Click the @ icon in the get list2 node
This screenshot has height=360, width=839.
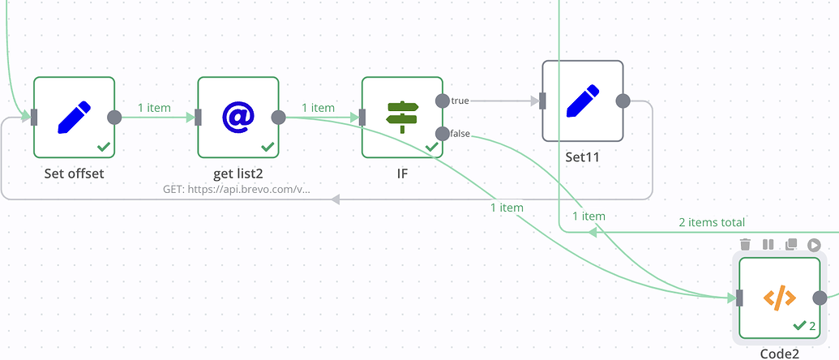pyautogui.click(x=238, y=117)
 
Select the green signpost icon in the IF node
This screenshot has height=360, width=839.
pyautogui.click(x=402, y=117)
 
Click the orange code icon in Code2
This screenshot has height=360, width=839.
pyautogui.click(x=779, y=298)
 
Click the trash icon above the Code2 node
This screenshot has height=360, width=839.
pyautogui.click(x=746, y=244)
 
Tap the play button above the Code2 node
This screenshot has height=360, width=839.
pyautogui.click(x=814, y=244)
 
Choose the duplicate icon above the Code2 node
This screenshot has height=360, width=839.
pyautogui.click(x=791, y=244)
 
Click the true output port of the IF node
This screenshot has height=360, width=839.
pyautogui.click(x=442, y=101)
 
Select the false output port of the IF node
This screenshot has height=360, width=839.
pyautogui.click(x=442, y=134)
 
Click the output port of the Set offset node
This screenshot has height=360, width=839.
pyautogui.click(x=114, y=117)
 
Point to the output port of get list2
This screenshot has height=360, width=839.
pyautogui.click(x=278, y=117)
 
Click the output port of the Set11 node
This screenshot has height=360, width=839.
pyautogui.click(x=623, y=101)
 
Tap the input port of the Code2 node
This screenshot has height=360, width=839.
pyautogui.click(x=739, y=298)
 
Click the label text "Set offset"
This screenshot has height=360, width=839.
pyautogui.click(x=74, y=174)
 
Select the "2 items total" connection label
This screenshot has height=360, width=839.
pyautogui.click(x=711, y=222)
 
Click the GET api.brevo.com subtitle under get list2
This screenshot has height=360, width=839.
pyautogui.click(x=237, y=190)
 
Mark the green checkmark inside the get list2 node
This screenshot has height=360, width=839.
pyautogui.click(x=268, y=147)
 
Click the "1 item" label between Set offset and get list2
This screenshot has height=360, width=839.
pyautogui.click(x=154, y=107)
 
